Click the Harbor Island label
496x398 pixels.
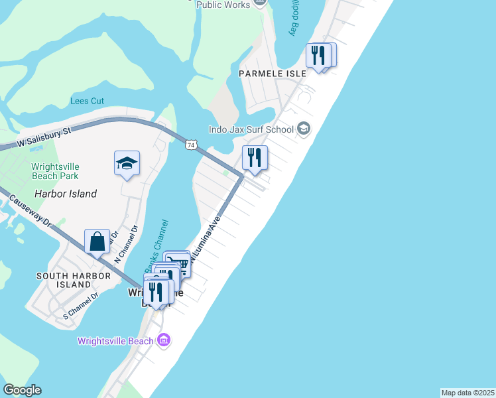[66, 194]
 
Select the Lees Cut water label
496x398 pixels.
[88, 101]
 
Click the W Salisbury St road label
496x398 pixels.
[44, 137]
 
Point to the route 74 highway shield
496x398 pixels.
[191, 144]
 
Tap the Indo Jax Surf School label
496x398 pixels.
[251, 129]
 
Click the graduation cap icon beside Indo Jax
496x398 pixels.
[304, 129]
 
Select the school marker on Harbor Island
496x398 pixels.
[127, 163]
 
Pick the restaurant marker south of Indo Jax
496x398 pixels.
[255, 158]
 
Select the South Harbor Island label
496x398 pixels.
[64, 280]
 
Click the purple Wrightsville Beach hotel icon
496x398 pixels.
[164, 340]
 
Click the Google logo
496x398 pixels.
[22, 390]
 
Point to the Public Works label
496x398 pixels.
[223, 5]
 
